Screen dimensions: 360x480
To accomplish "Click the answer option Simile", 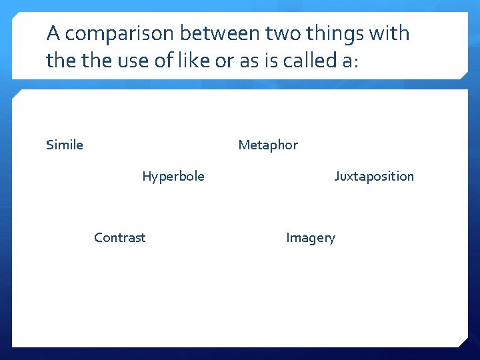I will pyautogui.click(x=65, y=145).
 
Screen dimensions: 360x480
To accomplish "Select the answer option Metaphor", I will pyautogui.click(x=268, y=145).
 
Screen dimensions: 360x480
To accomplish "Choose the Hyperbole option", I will pyautogui.click(x=173, y=176).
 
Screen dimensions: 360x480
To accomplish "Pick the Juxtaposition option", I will pyautogui.click(x=374, y=176).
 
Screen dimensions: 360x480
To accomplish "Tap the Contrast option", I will pyautogui.click(x=119, y=237).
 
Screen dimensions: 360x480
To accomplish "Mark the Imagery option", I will pyautogui.click(x=311, y=237).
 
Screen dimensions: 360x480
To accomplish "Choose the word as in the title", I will pyautogui.click(x=248, y=61).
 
